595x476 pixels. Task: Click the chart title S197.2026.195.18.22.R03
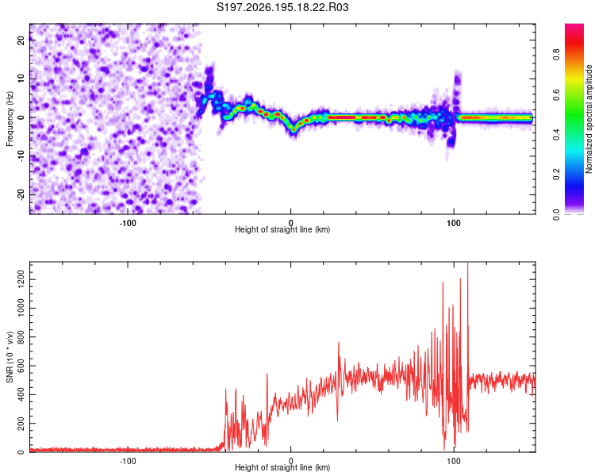[282, 7]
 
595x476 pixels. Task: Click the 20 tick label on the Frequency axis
[21, 40]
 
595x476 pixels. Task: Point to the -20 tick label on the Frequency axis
[21, 194]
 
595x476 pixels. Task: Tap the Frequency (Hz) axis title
[10, 119]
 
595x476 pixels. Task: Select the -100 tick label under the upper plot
[128, 223]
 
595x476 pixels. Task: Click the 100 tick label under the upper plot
[454, 223]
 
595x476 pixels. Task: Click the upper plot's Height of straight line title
[282, 229]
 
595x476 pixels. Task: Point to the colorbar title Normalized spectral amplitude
[589, 119]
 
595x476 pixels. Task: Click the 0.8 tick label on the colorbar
[556, 54]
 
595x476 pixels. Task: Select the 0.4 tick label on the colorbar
[556, 134]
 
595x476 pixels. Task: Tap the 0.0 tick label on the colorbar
[556, 214]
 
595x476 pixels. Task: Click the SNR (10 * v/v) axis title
[10, 357]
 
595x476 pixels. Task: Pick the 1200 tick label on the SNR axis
[21, 279]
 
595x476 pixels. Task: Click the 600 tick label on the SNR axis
[21, 366]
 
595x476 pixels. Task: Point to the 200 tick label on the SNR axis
[21, 423]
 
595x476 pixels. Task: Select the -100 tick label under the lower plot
[128, 461]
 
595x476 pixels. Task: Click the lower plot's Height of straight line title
[282, 467]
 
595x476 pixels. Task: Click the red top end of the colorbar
[574, 26]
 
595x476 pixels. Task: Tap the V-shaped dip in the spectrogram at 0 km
[294, 129]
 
